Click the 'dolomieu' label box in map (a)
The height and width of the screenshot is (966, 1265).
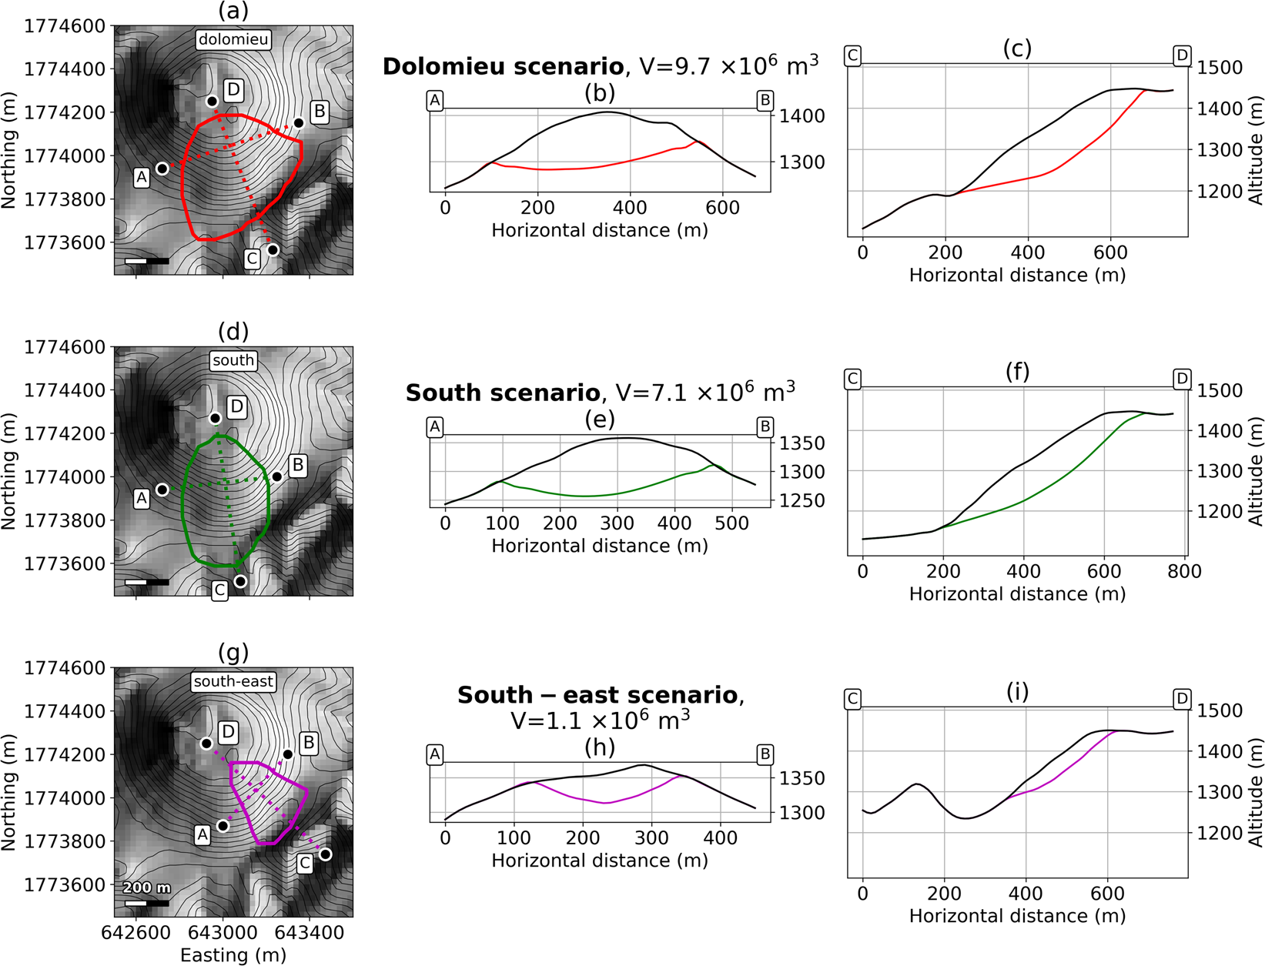[x=233, y=39]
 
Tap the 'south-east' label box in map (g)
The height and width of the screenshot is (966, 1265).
[x=233, y=681]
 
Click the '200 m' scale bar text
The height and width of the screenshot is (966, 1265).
[x=146, y=887]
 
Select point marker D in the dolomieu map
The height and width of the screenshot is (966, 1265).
[x=213, y=101]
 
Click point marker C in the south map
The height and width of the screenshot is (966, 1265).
[x=240, y=581]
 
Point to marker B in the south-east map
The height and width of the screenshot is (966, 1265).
[x=287, y=754]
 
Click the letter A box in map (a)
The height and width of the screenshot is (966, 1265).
[x=142, y=178]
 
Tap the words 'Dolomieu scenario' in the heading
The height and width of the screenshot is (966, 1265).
[x=503, y=66]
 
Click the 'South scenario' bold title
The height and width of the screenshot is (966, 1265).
[x=503, y=393]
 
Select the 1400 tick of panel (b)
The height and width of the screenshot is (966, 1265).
[x=802, y=116]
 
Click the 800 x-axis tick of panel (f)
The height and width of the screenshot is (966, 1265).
[x=1184, y=571]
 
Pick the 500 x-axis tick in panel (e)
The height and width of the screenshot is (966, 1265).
[x=731, y=523]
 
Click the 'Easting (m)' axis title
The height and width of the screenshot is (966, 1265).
[x=233, y=955]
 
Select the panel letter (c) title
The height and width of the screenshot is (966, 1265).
[x=1017, y=48]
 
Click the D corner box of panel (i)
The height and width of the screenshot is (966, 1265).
[x=1182, y=699]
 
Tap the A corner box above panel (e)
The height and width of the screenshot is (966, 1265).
[x=435, y=427]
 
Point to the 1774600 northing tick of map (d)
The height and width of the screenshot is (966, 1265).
[x=65, y=347]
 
